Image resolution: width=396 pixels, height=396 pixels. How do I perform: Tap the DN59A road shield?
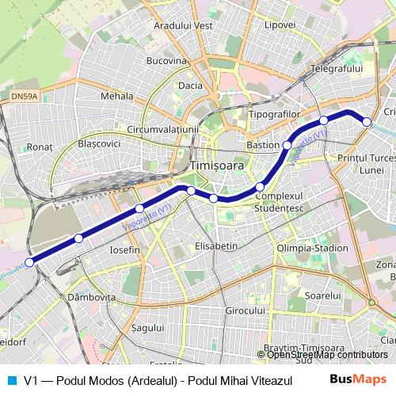click(25, 97)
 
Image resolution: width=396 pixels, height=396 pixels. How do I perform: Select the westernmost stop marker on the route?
click(29, 262)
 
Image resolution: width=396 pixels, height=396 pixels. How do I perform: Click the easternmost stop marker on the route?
click(367, 121)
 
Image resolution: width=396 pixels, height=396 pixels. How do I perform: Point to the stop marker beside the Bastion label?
click(287, 146)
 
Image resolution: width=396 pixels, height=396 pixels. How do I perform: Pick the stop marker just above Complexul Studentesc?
click(260, 187)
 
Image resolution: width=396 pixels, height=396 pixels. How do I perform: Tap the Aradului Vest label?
click(184, 25)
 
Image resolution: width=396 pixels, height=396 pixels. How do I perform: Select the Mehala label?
click(117, 96)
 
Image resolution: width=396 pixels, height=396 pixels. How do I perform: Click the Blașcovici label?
click(100, 143)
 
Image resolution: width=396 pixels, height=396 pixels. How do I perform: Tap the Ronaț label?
click(39, 147)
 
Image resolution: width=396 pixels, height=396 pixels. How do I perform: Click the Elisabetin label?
click(216, 246)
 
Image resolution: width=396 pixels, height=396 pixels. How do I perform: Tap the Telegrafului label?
click(336, 69)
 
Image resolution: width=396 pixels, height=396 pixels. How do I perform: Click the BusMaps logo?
click(358, 379)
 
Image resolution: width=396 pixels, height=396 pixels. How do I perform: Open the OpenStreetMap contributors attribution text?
click(328, 355)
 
